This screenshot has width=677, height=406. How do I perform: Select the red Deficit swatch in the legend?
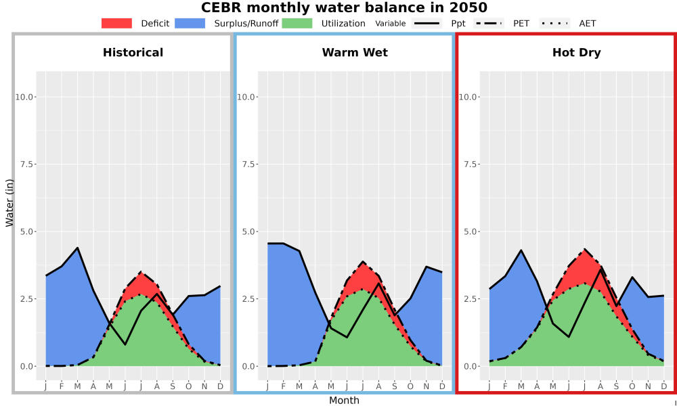116,23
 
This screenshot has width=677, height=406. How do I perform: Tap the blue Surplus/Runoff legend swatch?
190,23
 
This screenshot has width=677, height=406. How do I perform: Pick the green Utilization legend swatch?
297,23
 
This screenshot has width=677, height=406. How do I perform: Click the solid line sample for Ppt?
427,23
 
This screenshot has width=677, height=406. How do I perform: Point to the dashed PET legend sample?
489,23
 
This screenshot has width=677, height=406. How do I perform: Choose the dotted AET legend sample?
554,23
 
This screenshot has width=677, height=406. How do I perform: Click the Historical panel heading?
133,53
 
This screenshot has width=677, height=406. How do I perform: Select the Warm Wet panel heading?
355,53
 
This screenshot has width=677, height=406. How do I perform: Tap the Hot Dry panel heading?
576,53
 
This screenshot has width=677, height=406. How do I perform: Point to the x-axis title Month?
344,401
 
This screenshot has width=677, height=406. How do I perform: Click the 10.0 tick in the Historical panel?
24,97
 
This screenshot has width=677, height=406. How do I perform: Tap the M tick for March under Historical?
77,386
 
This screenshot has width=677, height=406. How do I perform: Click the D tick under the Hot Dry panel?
664,386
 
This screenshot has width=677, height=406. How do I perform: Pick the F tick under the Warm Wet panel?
283,386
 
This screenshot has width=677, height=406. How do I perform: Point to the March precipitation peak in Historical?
77,248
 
